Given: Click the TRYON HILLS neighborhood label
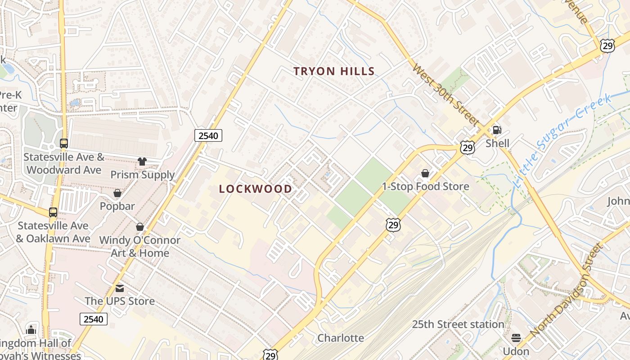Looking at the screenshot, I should pyautogui.click(x=334, y=71).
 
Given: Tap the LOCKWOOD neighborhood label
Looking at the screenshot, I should pyautogui.click(x=256, y=189).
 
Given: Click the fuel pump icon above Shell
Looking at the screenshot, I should pyautogui.click(x=497, y=130).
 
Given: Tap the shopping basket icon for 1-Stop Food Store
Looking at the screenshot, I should pyautogui.click(x=425, y=173).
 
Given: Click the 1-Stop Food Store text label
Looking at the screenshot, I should pyautogui.click(x=425, y=186).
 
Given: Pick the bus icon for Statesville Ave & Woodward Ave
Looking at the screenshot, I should pyautogui.click(x=64, y=144).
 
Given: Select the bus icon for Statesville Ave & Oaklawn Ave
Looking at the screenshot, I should pyautogui.click(x=53, y=212).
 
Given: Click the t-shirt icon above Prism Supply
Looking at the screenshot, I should pyautogui.click(x=142, y=162).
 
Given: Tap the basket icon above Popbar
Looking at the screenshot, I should pyautogui.click(x=117, y=193).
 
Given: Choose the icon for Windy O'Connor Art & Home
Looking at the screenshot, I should pyautogui.click(x=140, y=227).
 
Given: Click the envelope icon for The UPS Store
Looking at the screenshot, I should pyautogui.click(x=120, y=288).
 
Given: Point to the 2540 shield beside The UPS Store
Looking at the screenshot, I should pyautogui.click(x=94, y=319).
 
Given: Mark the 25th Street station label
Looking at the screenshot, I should pyautogui.click(x=458, y=324).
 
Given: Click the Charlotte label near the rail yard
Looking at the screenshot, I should pyautogui.click(x=341, y=338).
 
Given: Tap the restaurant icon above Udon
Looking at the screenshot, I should pyautogui.click(x=516, y=337).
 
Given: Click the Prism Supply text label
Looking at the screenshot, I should pyautogui.click(x=143, y=175).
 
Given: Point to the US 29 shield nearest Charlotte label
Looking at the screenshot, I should pyautogui.click(x=270, y=355).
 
